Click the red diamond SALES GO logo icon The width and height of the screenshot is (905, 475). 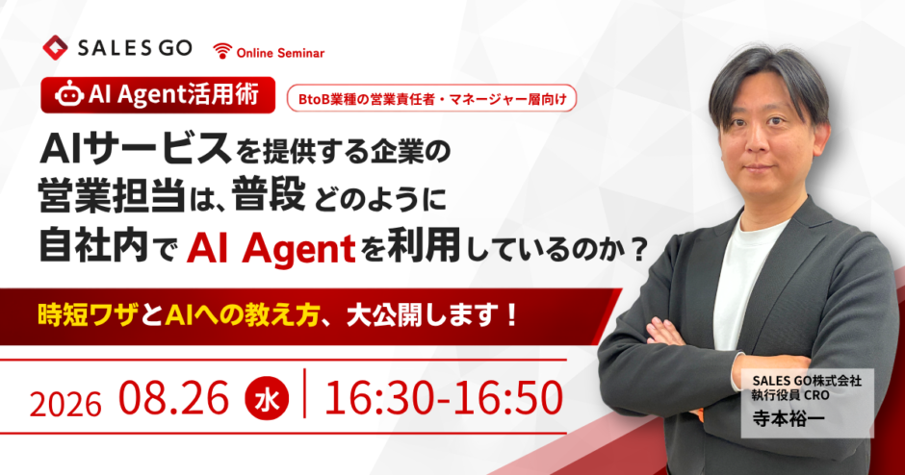56,48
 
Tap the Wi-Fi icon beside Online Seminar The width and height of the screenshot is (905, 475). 222,51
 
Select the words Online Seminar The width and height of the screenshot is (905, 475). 280,53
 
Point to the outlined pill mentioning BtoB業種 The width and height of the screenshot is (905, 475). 431,99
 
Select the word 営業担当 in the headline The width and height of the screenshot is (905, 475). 112,196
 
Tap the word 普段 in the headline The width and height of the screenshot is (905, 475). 269,195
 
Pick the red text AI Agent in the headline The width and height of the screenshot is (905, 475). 271,249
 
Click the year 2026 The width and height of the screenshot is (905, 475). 65,404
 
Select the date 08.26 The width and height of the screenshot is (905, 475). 173,398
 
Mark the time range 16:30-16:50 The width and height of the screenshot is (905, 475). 443,398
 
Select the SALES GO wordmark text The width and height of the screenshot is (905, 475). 135,48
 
